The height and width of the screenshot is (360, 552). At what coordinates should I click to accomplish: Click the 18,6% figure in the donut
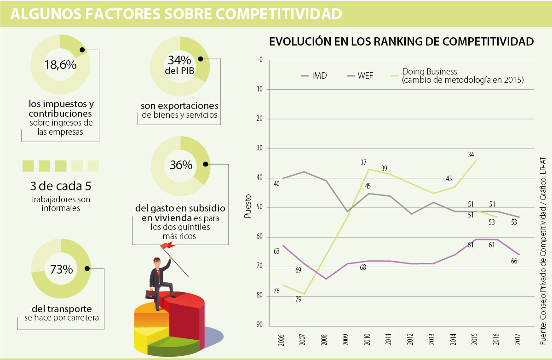coord(60,65)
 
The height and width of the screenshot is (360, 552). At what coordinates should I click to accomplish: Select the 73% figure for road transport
coord(61,269)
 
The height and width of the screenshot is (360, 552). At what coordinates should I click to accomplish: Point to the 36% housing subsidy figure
coord(180,165)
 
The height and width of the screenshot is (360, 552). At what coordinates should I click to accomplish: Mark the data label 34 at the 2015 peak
coord(471,155)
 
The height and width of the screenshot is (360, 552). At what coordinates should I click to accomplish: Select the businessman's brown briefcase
coord(151,294)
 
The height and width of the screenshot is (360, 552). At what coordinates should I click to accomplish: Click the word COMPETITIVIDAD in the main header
coord(279,14)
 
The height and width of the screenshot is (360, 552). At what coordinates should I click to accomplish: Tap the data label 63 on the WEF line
coord(276,251)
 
